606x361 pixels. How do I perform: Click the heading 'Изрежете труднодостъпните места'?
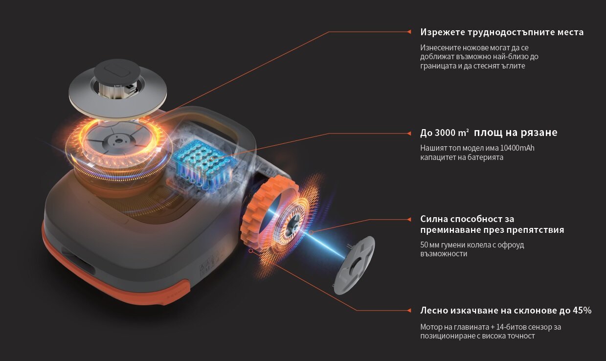point(502,32)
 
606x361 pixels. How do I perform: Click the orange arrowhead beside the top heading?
point(409,32)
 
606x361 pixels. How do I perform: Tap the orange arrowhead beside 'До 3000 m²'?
point(409,134)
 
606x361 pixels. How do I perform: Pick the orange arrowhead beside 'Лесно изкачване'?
point(409,311)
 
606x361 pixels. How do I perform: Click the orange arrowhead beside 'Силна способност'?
point(409,220)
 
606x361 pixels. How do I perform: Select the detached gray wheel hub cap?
point(355,265)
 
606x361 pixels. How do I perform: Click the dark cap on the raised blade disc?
point(117,71)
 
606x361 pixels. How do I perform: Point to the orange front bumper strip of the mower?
point(113,273)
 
